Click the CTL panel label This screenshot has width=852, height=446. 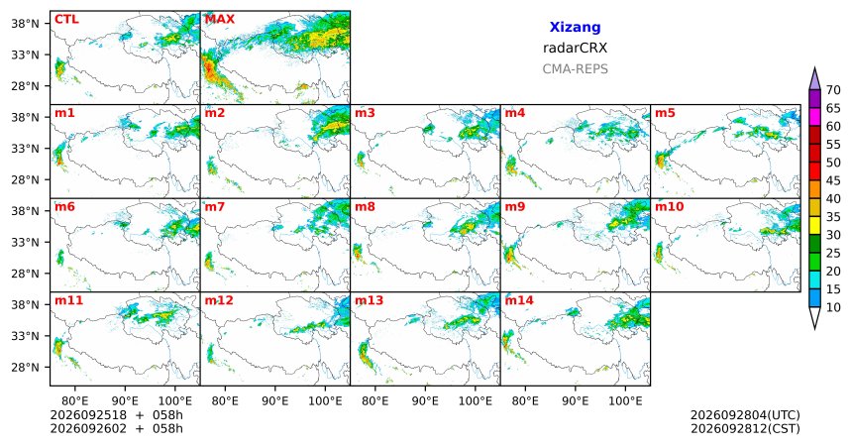click(x=66, y=20)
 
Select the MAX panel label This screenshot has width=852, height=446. click(x=220, y=20)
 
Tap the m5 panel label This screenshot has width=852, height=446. click(x=665, y=113)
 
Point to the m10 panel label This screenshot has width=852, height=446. click(x=670, y=207)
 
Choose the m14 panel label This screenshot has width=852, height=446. click(x=519, y=300)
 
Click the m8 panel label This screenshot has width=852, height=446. click(x=366, y=207)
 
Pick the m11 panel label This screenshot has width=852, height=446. click(x=69, y=300)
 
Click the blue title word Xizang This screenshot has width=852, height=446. click(x=575, y=27)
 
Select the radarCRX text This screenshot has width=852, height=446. click(x=575, y=48)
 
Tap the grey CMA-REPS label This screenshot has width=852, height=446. click(x=575, y=69)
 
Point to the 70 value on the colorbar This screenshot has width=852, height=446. click(x=833, y=90)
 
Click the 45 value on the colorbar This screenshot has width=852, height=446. click(x=833, y=180)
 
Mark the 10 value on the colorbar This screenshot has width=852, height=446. click(x=833, y=307)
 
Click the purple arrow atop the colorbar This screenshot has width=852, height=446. click(x=814, y=79)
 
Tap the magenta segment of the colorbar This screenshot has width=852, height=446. click(x=814, y=117)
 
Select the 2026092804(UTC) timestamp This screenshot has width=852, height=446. click(x=745, y=415)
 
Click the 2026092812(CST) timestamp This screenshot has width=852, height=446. click(x=745, y=429)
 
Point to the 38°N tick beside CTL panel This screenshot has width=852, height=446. click(x=25, y=24)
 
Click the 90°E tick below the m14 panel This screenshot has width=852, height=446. click(x=576, y=401)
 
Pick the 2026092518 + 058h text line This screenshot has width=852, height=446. click(x=116, y=415)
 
